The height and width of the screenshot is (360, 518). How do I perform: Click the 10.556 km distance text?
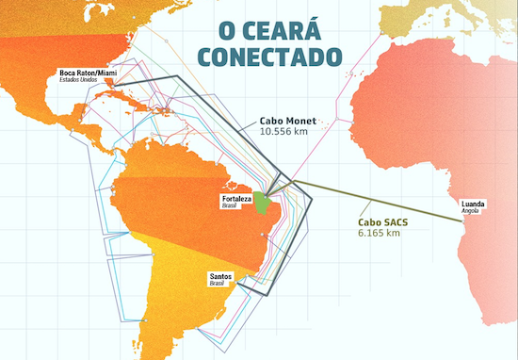[284, 133]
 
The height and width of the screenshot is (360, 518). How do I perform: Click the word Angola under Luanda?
[471, 212]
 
